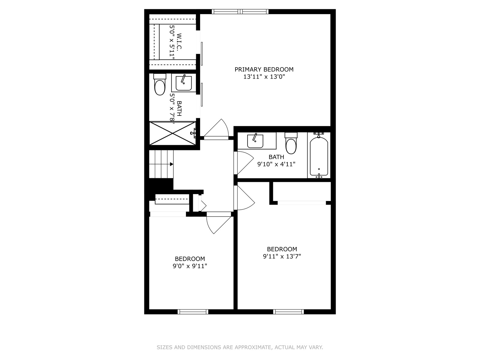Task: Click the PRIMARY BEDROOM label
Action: (x=264, y=70)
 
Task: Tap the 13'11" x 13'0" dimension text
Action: (x=264, y=77)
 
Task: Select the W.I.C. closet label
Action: (x=179, y=41)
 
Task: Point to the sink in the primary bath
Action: (x=184, y=83)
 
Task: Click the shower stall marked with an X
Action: (x=172, y=133)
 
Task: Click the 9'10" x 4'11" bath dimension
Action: (x=276, y=164)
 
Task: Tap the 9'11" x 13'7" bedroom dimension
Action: (x=282, y=256)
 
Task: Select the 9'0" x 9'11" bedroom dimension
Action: (x=190, y=266)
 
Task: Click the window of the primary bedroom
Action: (x=240, y=12)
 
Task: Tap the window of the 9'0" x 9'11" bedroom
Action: (x=193, y=312)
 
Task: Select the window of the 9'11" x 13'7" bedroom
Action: (x=289, y=312)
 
